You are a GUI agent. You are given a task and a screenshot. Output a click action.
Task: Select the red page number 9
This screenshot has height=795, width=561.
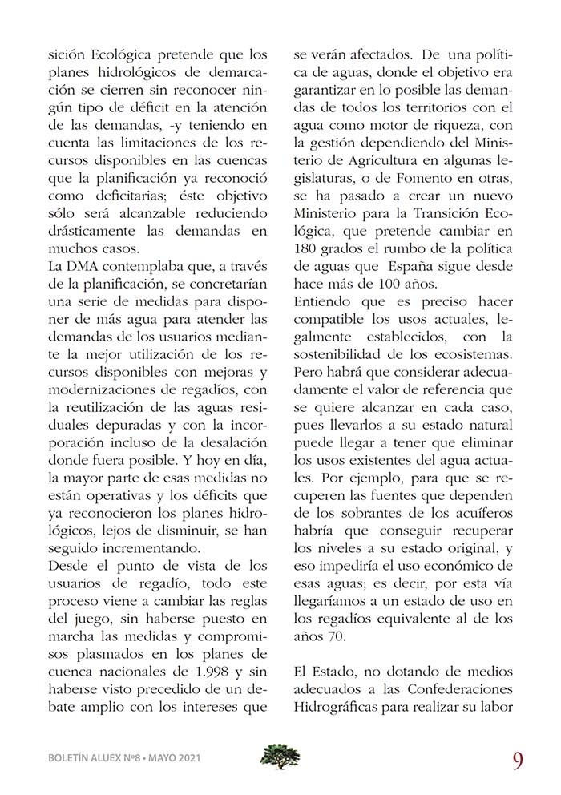[517, 758]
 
